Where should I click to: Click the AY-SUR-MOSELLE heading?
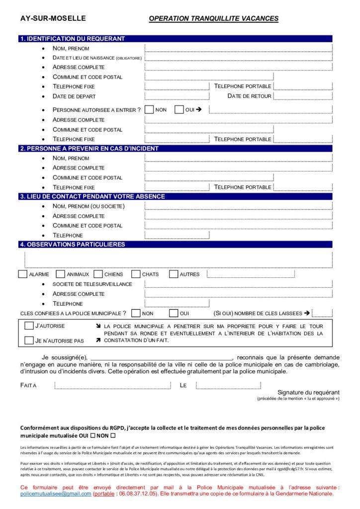[x=53, y=18]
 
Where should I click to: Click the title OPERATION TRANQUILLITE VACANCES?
[x=213, y=18]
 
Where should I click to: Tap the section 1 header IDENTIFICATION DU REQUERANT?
[x=72, y=39]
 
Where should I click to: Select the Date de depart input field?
[x=177, y=96]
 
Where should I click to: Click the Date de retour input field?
[x=302, y=96]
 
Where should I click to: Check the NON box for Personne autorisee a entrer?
[x=149, y=109]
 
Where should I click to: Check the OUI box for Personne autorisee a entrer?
[x=179, y=109]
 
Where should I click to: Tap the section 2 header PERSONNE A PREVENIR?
[x=89, y=148]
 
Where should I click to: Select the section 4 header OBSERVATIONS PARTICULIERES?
[x=72, y=245]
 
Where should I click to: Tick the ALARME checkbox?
[x=22, y=274]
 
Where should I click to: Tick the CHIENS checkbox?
[x=97, y=274]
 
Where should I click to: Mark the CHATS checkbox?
[x=135, y=274]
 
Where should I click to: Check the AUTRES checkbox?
[x=174, y=274]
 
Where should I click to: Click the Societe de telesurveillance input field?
[x=238, y=284]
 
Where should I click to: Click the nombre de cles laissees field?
[x=322, y=313]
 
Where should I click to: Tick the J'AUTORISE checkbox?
[x=29, y=326]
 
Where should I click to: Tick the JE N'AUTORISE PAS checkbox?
[x=29, y=340]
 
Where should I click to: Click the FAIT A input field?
[x=112, y=385]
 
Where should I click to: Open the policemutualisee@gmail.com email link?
[x=56, y=494]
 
